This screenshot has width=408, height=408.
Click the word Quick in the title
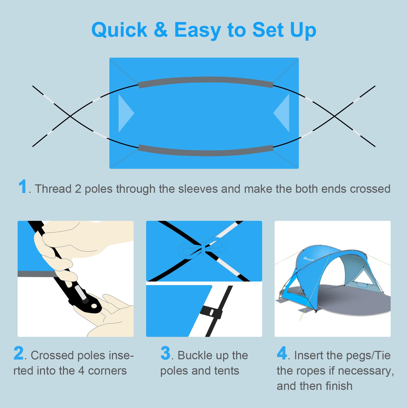[119, 30]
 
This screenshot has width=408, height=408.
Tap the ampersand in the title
[161, 29]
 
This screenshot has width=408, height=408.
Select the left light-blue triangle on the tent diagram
[125, 113]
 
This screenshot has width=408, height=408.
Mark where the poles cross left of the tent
[70, 116]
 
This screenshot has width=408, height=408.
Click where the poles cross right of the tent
[335, 116]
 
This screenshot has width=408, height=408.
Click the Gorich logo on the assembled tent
[309, 259]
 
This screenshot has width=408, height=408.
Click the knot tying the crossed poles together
[203, 248]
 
